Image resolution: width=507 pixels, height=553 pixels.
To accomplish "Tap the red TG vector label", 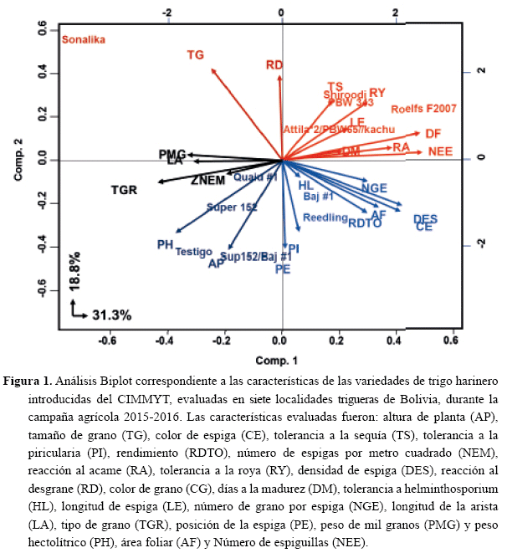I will point(196,55).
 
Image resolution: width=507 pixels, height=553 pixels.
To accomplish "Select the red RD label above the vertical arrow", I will point(274,65).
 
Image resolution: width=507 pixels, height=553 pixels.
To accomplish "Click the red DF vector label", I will point(433,134).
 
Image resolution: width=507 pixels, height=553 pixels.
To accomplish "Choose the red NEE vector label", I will point(440,151).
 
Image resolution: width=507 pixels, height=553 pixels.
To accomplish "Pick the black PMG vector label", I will point(171,154).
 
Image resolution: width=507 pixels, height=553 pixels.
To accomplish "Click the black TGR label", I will point(125,190).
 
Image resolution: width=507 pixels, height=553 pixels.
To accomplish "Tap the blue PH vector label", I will point(165,244).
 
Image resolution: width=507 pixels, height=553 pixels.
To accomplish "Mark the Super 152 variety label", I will point(231,207).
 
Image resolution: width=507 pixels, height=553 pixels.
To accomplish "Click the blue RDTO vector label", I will point(365,223).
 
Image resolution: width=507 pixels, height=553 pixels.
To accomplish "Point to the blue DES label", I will point(425,218).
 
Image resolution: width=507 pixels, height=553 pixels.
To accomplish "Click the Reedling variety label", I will point(325,218).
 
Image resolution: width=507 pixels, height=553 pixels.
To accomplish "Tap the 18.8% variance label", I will point(76,272).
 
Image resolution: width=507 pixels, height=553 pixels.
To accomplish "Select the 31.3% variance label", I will point(111,315).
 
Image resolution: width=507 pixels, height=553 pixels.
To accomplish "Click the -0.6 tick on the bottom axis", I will point(108,341).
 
